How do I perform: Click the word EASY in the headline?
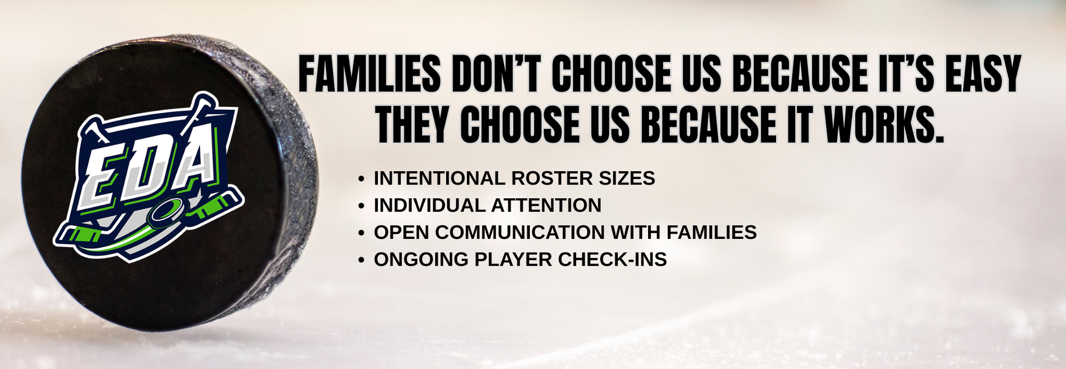[x=983, y=74]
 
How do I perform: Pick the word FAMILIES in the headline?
[x=369, y=74]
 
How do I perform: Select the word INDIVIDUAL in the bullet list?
[x=430, y=205]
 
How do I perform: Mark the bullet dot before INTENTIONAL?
[x=362, y=179]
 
